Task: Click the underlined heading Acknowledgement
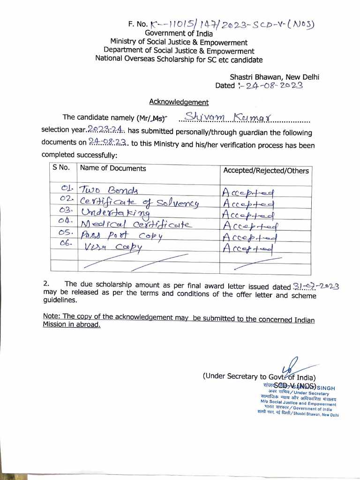pos(179,102)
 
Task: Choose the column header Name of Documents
pos(113,168)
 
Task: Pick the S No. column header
pos(61,168)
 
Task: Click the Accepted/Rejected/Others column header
pos(266,171)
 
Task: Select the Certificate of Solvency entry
pos(139,202)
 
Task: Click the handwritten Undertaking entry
pos(115,213)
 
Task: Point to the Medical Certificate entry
pos(136,225)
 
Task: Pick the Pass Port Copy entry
pos(121,236)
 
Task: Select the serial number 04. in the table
pos(67,220)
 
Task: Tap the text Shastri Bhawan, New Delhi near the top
pos(274,77)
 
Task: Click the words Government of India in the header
pos(179,33)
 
